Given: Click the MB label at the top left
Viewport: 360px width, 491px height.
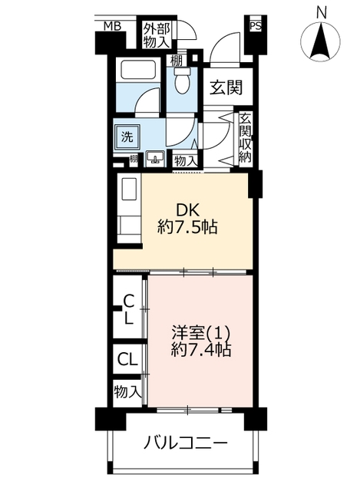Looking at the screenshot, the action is pos(113,27).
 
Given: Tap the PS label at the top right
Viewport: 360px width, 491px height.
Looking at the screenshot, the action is pos(256,26).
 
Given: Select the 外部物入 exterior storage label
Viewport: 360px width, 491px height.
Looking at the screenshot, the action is pos(157,35).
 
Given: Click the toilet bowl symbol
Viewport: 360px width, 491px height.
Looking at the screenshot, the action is pos(182,80).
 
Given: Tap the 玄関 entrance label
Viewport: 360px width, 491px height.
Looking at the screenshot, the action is pos(226,87).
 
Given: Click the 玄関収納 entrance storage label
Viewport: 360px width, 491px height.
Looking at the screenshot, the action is pos(245,137).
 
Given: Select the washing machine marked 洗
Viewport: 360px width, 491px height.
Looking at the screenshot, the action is pos(127,137).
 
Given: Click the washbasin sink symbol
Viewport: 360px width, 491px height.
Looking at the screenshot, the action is pos(155,158).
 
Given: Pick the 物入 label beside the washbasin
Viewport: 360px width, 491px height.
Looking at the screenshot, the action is pos(185,161).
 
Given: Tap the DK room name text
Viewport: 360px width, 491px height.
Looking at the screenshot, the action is pos(188,210).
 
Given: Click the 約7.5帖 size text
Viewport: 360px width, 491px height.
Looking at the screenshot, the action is pos(187,227).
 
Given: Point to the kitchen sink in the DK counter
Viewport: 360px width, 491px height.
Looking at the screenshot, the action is pos(128,189).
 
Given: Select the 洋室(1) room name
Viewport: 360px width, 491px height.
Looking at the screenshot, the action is pos(201,333).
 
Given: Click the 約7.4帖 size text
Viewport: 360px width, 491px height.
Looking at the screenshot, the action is pos(201,350).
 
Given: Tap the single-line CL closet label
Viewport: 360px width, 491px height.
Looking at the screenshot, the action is pos(127,359).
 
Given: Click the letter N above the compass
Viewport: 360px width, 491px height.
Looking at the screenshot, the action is pos(321,13).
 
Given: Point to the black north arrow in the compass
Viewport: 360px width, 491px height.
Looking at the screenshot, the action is pos(321,42).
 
